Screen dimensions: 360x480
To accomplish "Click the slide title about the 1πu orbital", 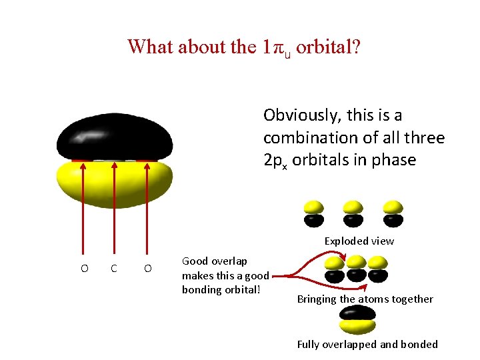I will click(243, 47).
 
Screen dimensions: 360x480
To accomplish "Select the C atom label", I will click(115, 269).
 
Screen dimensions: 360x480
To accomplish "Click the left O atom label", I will click(84, 269).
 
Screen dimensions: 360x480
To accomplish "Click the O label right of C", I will click(147, 269).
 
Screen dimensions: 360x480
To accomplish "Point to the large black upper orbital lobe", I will click(115, 137).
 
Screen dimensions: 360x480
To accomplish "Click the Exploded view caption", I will click(359, 241).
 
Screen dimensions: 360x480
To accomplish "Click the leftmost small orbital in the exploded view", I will click(314, 213).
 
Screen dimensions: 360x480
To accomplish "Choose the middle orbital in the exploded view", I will click(353, 213).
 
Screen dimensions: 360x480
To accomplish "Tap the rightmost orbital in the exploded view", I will click(393, 213).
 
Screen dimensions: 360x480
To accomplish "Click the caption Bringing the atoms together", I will click(365, 299).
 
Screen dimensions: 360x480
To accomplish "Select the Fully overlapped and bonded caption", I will click(367, 345).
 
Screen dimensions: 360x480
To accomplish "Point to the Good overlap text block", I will click(225, 275).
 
